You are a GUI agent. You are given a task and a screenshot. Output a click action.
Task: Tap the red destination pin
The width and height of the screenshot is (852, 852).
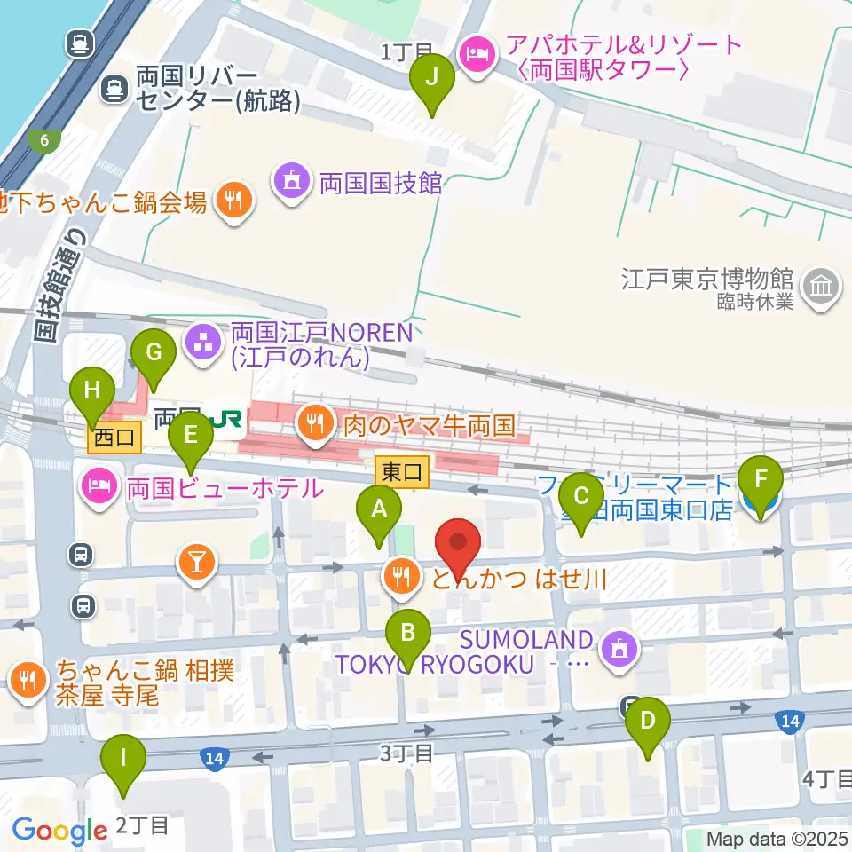459,544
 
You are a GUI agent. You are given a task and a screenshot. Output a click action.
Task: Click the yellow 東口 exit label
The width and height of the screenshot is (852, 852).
403,472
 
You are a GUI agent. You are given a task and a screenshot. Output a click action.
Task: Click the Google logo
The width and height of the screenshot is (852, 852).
59,830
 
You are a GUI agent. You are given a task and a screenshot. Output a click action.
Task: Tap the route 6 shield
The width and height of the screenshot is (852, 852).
44,139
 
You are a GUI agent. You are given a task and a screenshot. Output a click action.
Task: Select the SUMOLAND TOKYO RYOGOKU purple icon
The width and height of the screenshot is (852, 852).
618,650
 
